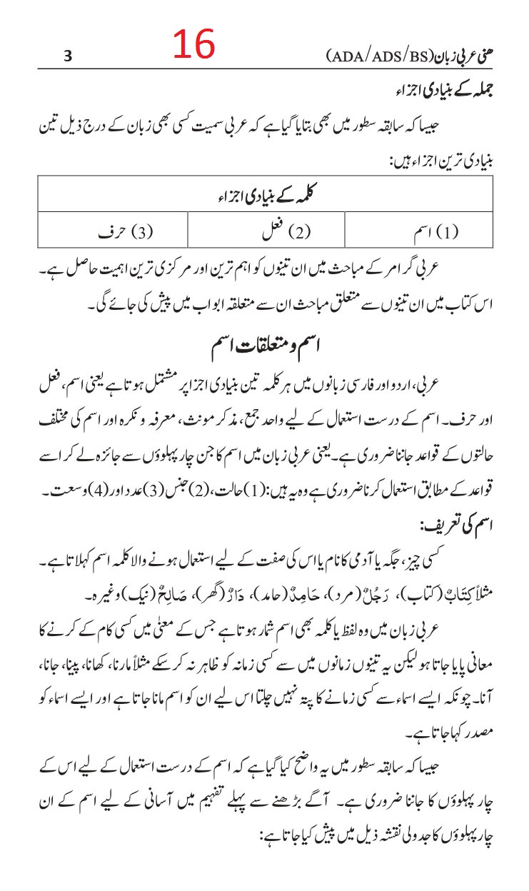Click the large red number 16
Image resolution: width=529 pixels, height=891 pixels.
193,45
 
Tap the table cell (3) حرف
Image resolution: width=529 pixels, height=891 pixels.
126,231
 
